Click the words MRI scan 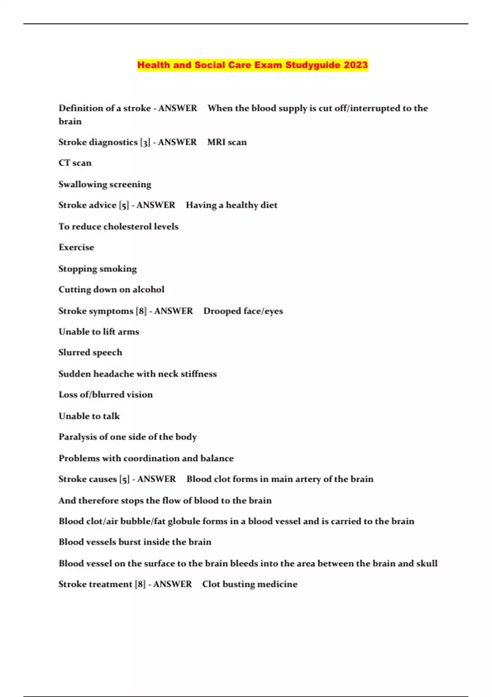(227, 142)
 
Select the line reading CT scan (75, 163)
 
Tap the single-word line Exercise (76, 247)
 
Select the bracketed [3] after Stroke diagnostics (145, 142)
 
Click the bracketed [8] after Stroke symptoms (141, 311)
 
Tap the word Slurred (74, 353)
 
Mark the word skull (427, 563)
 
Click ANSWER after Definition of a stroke (178, 108)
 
